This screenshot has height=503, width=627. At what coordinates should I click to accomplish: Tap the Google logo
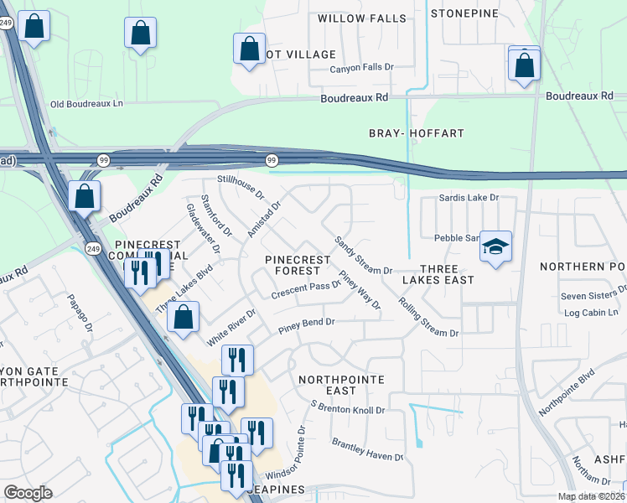tap(28, 493)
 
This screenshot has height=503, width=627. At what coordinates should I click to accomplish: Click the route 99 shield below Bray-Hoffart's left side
tap(272, 159)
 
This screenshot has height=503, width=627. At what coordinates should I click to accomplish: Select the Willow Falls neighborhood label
tap(361, 18)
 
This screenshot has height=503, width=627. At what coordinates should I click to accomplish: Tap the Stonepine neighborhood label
tap(464, 13)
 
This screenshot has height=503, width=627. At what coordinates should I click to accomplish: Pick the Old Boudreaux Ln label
tap(86, 104)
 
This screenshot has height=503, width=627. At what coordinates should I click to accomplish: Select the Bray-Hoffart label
tap(417, 133)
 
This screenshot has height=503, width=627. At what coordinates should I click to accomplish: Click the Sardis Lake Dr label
tap(469, 198)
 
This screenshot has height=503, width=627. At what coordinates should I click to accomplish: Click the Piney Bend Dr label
tap(306, 322)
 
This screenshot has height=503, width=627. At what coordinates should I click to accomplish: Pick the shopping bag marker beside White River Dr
tap(183, 319)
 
